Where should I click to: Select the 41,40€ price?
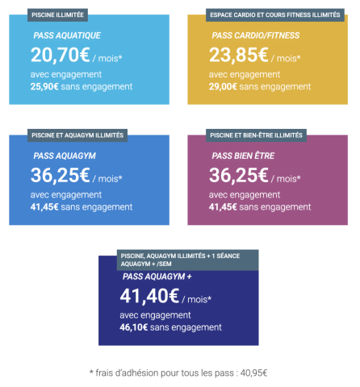(x=149, y=297)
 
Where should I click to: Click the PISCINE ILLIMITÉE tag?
(x=57, y=15)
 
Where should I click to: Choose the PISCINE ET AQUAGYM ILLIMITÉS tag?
(x=77, y=135)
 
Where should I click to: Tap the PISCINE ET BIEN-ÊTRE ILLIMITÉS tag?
(x=256, y=135)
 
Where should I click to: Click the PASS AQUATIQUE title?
(x=67, y=36)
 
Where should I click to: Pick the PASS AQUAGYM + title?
(x=157, y=277)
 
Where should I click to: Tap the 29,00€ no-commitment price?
(x=227, y=85)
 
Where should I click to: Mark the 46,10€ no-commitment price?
(x=138, y=327)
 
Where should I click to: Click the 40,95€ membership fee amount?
(x=252, y=372)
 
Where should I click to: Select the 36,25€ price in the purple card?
(x=239, y=176)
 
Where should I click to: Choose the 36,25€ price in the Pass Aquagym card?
(x=60, y=176)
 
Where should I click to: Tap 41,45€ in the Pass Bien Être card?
(x=227, y=206)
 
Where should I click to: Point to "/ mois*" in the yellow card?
(x=287, y=58)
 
